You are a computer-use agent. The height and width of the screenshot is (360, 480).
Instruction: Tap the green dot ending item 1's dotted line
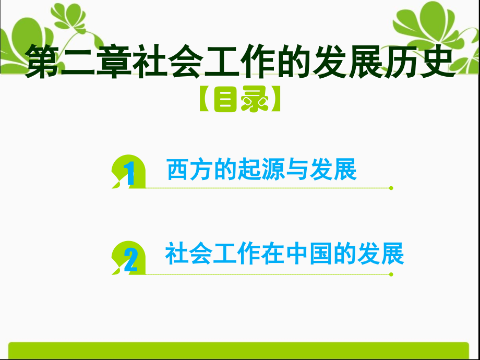point(391,188)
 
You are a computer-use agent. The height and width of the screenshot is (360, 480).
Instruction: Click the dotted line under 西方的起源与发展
point(266,188)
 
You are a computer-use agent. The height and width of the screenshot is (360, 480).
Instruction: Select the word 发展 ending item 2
point(386,255)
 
